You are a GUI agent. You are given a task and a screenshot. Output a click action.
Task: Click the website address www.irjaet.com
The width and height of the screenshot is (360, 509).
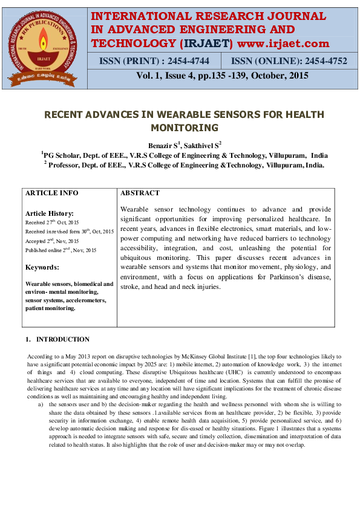tap(284, 43)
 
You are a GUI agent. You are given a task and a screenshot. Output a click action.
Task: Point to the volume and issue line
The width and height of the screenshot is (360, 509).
tap(222, 76)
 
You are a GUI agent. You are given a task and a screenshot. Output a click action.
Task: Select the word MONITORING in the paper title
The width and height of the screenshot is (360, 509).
tap(184, 128)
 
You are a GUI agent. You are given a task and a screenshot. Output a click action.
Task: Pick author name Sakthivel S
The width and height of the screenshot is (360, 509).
tap(201, 146)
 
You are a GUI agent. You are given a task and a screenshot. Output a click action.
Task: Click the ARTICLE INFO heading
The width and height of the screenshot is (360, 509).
tap(51, 193)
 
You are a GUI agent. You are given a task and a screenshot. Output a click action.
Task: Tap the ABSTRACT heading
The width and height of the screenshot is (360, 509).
tap(140, 193)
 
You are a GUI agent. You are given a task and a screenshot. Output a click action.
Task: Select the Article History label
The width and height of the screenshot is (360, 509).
tap(49, 213)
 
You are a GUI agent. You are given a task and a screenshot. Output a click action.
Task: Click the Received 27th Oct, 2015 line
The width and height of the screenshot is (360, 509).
tap(53, 222)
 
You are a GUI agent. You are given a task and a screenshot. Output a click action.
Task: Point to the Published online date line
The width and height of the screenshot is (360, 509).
tap(61, 250)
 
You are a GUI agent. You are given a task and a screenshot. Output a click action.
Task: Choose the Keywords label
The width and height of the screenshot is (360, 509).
tap(42, 267)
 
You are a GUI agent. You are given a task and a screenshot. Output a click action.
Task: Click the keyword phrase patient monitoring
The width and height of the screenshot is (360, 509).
tap(50, 308)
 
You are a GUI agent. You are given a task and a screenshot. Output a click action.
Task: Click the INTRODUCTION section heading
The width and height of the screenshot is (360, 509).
tap(62, 339)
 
